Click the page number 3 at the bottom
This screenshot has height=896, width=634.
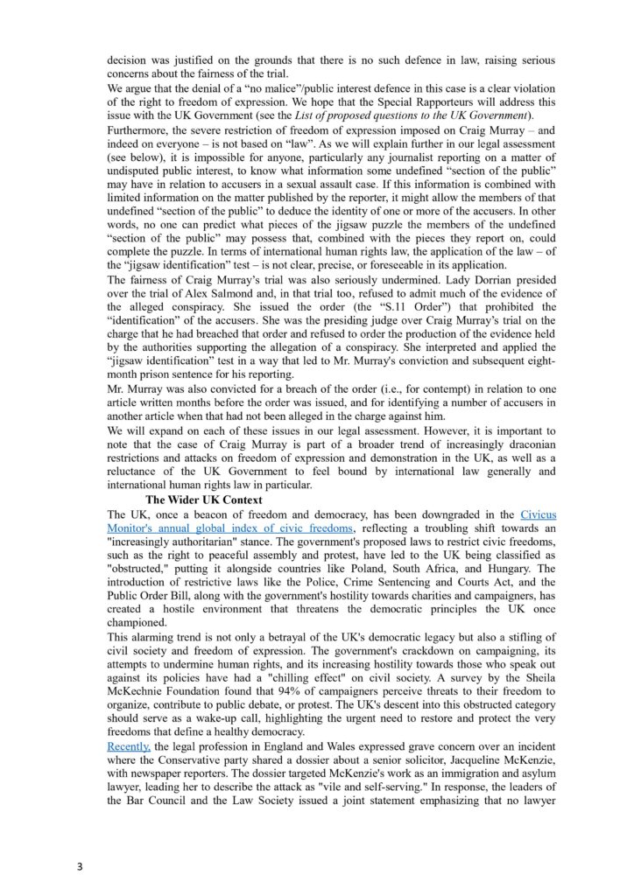coord(80,867)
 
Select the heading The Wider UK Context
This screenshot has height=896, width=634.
coord(197,499)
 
